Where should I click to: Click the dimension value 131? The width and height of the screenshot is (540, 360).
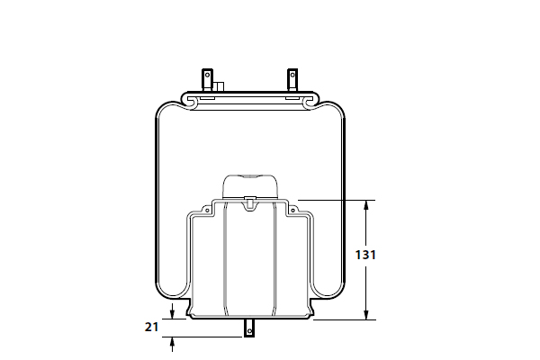(365, 255)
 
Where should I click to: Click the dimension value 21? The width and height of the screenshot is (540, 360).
(151, 327)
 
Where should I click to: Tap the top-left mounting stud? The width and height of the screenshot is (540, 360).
(207, 80)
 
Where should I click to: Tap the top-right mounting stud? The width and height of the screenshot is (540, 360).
(292, 80)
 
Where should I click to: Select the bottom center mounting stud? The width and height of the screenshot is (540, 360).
(249, 328)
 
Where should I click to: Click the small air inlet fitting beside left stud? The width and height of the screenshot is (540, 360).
(218, 86)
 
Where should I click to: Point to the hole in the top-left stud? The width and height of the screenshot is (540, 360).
(207, 75)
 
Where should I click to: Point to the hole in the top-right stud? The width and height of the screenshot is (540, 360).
(292, 75)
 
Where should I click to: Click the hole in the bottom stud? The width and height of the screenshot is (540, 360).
(249, 331)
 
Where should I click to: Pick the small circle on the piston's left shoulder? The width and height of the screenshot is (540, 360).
(207, 210)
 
